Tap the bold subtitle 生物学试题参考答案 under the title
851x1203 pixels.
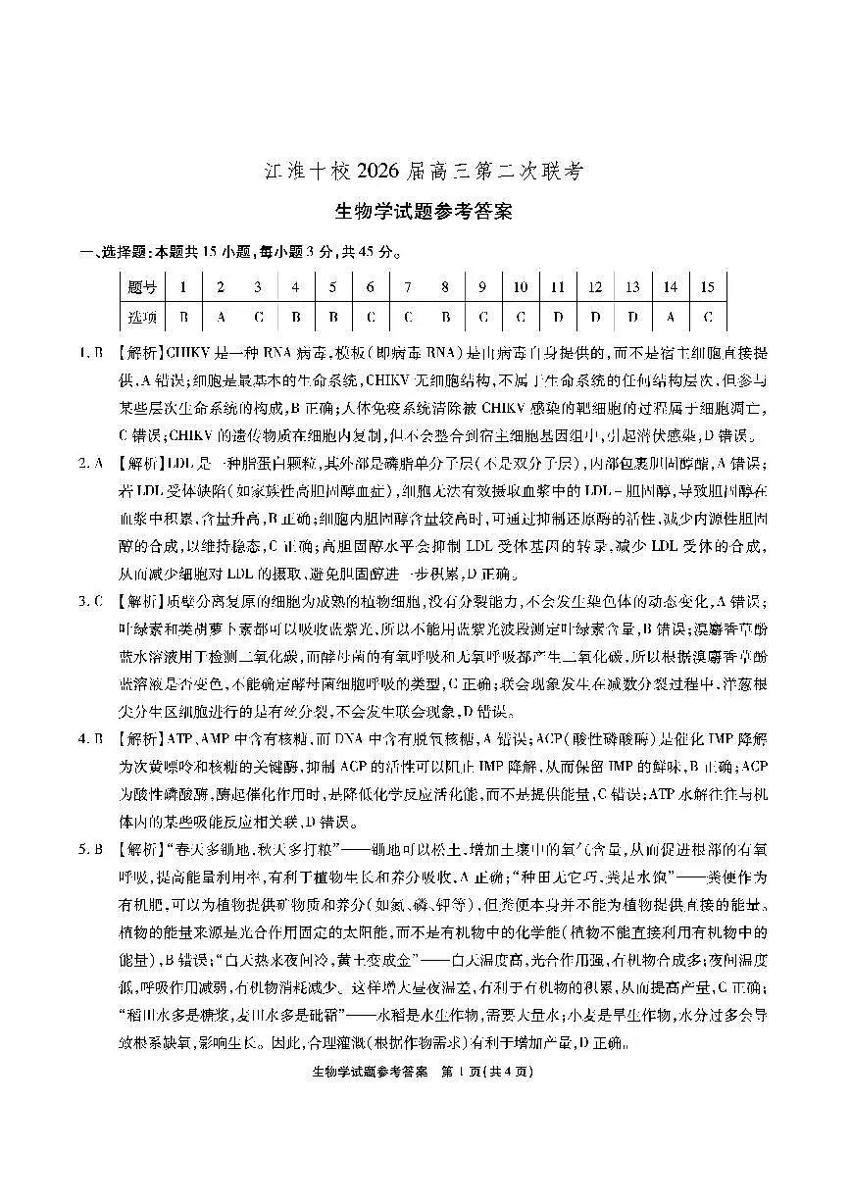coord(425,210)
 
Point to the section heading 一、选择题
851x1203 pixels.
coord(107,252)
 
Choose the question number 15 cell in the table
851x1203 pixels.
coord(707,287)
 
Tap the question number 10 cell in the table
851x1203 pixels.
coord(521,287)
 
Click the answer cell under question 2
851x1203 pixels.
coord(221,318)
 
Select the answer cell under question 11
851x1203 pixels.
coord(558,318)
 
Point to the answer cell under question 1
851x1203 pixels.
coord(183,318)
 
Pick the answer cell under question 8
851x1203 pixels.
coord(445,318)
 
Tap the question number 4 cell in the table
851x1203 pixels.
coord(295,287)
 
